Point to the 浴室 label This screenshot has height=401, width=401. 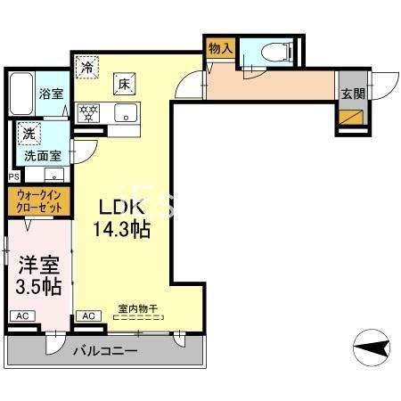click(49, 92)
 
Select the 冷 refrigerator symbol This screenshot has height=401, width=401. click(87, 67)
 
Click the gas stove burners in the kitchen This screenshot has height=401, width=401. click(89, 112)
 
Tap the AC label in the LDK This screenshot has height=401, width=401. click(89, 316)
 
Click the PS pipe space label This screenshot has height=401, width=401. click(12, 176)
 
